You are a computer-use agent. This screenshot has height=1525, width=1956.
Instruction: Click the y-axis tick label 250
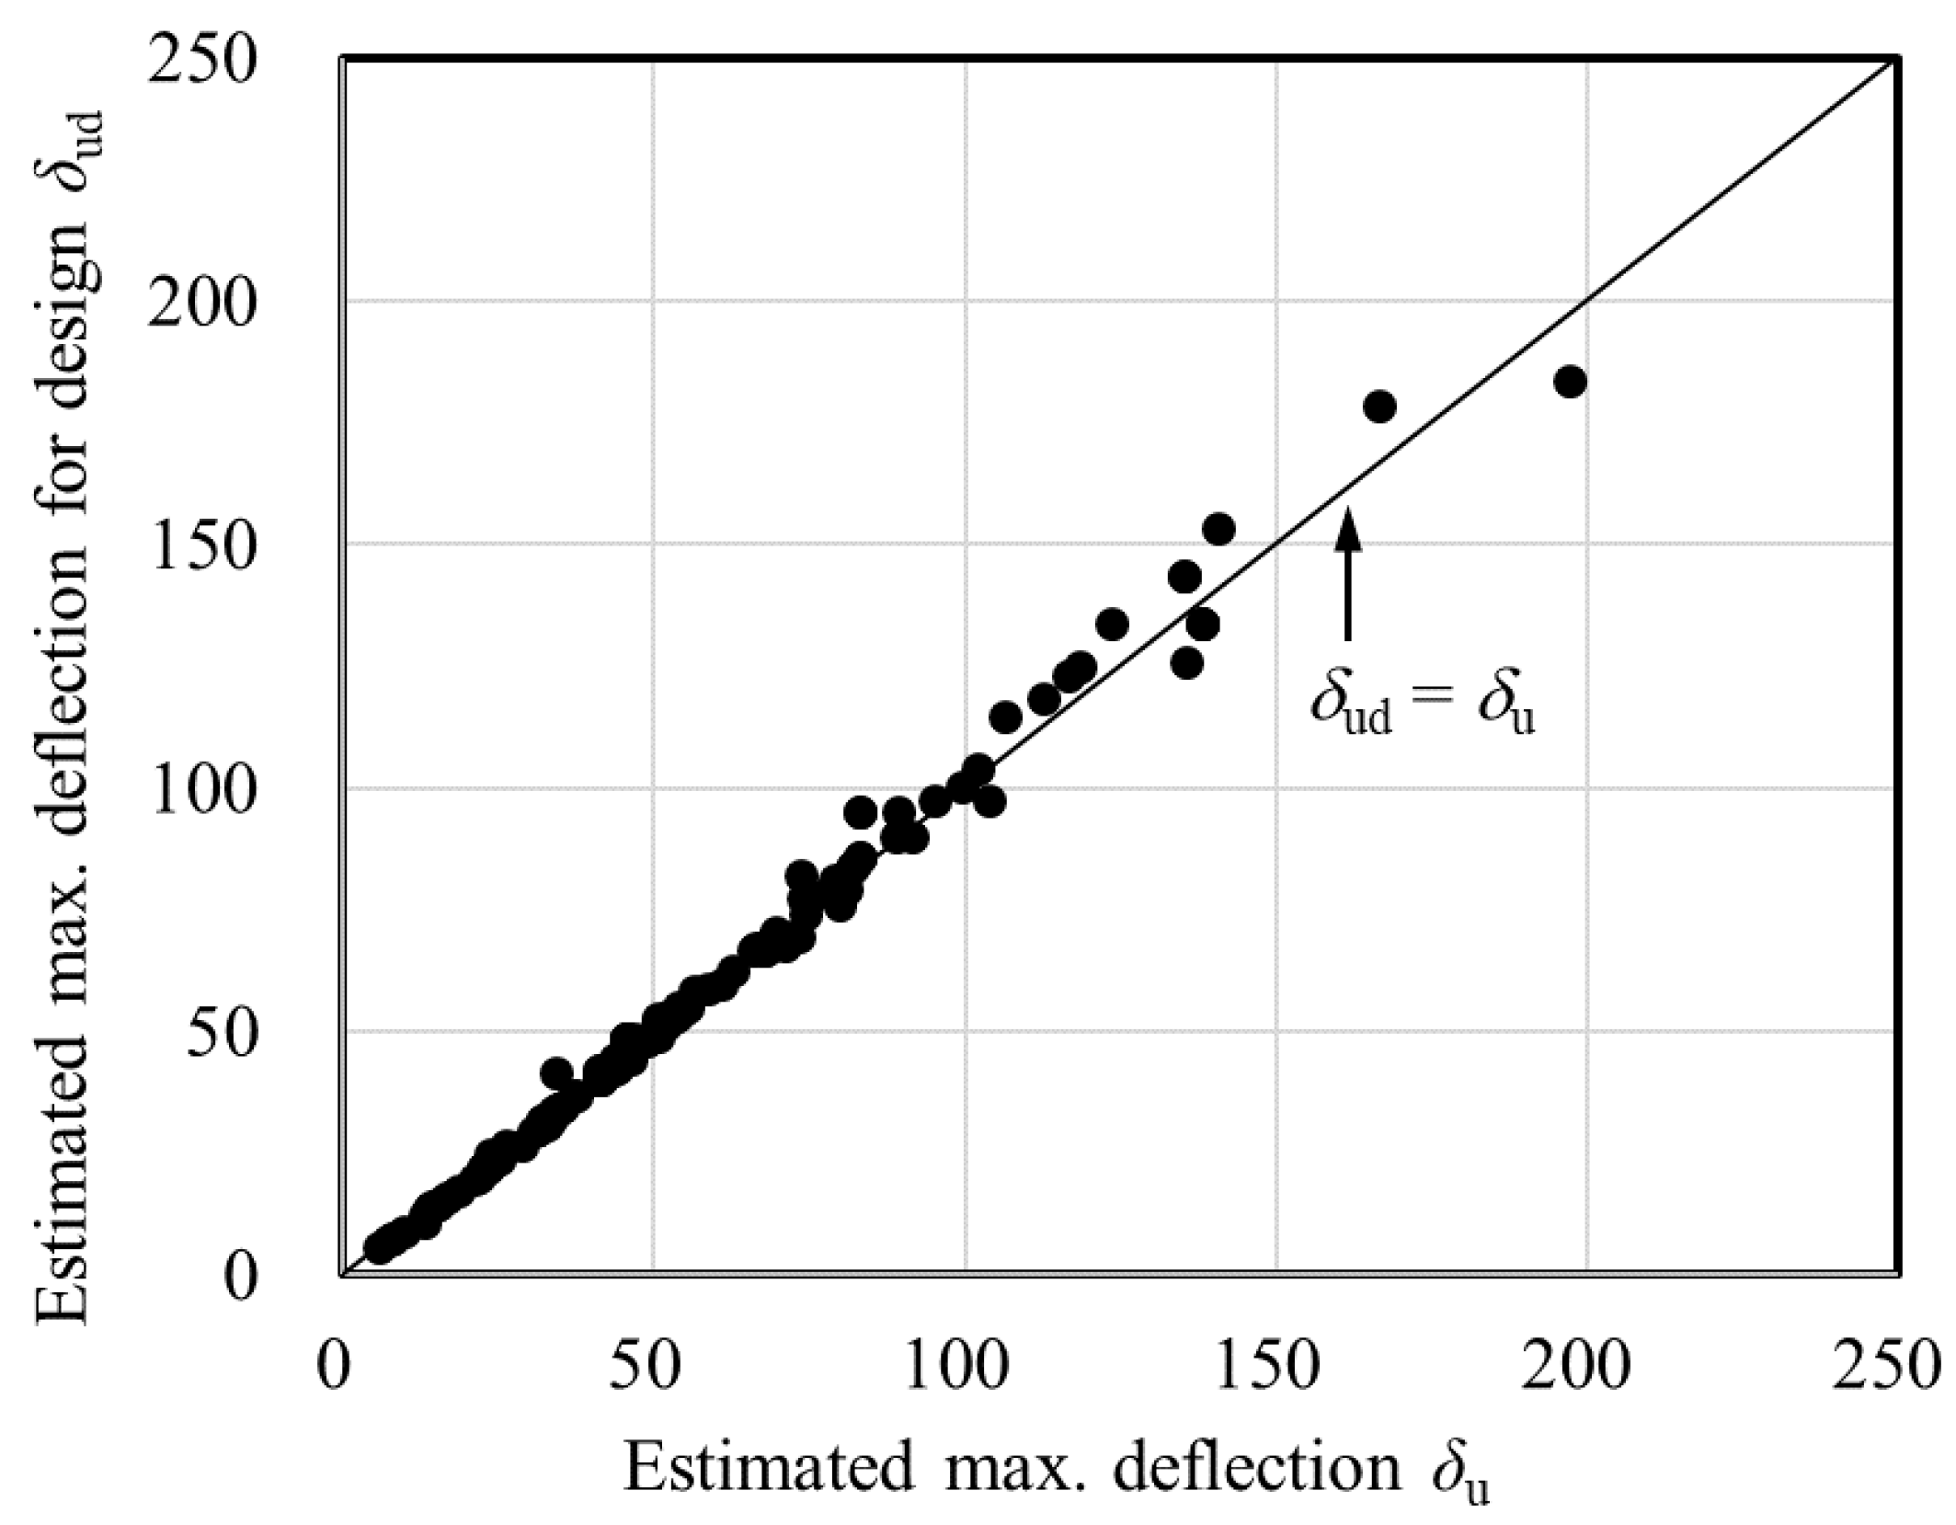pyautogui.click(x=200, y=63)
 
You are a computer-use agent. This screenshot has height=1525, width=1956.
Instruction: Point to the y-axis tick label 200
pyautogui.click(x=200, y=306)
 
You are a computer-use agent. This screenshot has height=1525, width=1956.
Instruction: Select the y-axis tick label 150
pyautogui.click(x=200, y=550)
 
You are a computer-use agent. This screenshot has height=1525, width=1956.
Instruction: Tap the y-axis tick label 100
pyautogui.click(x=200, y=794)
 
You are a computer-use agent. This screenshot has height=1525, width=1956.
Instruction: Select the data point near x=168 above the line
pyautogui.click(x=1380, y=407)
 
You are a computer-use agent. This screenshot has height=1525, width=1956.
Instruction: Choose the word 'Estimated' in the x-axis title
pyautogui.click(x=770, y=1469)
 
